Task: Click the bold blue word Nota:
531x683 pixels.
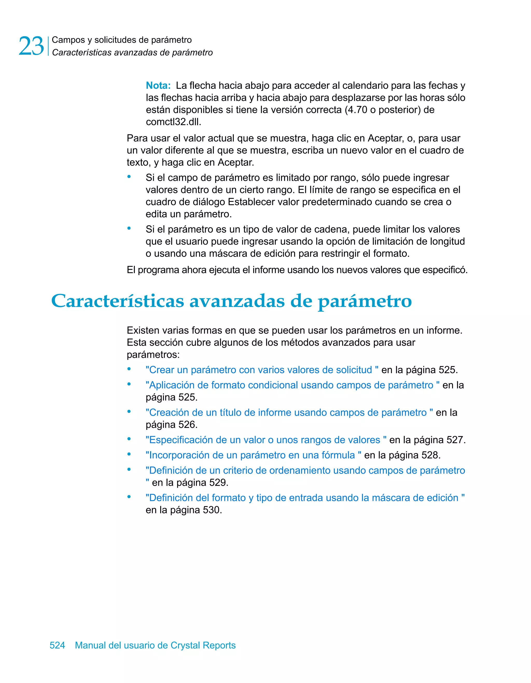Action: pos(158,85)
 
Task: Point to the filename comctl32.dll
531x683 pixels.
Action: pos(173,122)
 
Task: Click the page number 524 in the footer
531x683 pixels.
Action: pos(57,645)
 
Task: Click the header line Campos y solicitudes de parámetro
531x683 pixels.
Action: pos(122,40)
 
